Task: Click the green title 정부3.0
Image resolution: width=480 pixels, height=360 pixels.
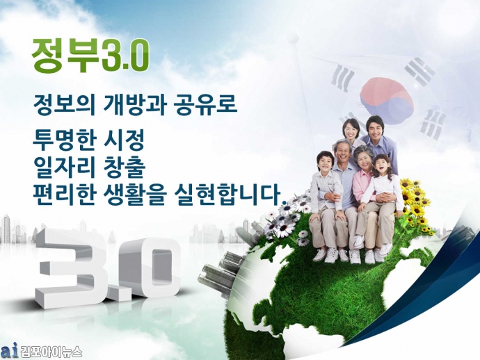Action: (x=90, y=56)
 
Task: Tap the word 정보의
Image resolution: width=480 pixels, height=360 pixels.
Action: (x=64, y=105)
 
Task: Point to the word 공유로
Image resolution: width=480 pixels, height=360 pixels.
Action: (x=205, y=105)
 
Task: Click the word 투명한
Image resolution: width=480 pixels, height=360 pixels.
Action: (x=63, y=140)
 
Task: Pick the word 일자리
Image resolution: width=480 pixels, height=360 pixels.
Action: (x=64, y=167)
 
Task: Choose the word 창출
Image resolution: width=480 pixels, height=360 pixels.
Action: (x=125, y=167)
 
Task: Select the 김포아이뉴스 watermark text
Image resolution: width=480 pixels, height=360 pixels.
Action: (x=51, y=352)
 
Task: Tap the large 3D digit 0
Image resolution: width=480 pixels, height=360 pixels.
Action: (x=149, y=268)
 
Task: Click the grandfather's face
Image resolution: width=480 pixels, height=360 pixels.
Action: (x=343, y=153)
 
